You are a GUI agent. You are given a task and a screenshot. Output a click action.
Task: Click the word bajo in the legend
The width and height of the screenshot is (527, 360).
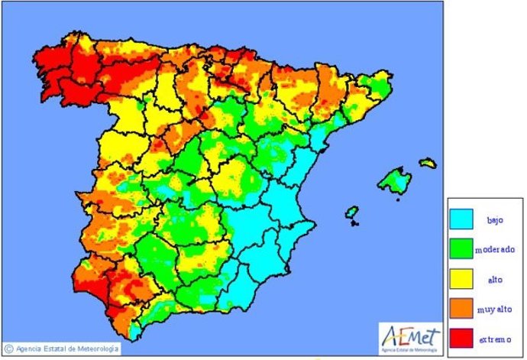[x=494, y=221]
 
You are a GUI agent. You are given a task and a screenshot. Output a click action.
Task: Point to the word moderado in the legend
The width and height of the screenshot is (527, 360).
[x=494, y=250]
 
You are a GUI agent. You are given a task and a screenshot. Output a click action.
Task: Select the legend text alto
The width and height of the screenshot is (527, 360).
[x=494, y=279]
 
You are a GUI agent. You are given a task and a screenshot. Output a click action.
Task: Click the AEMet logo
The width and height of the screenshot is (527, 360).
[x=409, y=335]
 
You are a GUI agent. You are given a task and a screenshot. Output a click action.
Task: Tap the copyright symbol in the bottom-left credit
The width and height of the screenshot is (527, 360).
[x=8, y=349]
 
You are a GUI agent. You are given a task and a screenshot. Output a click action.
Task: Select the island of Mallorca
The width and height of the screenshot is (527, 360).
[x=394, y=181]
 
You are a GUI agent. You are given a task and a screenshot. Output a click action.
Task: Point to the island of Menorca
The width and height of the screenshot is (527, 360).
[x=428, y=163]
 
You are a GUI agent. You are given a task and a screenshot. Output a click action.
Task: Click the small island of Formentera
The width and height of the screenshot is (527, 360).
[x=355, y=224]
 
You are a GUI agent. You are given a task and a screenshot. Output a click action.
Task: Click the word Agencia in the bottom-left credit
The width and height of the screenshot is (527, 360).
[x=29, y=349]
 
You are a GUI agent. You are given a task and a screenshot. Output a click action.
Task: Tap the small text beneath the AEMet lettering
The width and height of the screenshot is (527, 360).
[x=410, y=345]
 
